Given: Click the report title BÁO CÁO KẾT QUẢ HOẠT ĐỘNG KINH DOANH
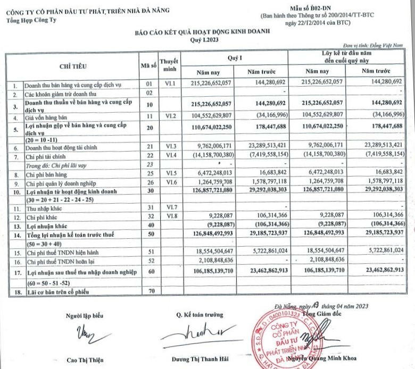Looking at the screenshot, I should pos(202,32).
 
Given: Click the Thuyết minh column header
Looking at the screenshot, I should pos(169,65).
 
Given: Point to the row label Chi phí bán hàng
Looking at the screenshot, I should pos(48,173).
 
